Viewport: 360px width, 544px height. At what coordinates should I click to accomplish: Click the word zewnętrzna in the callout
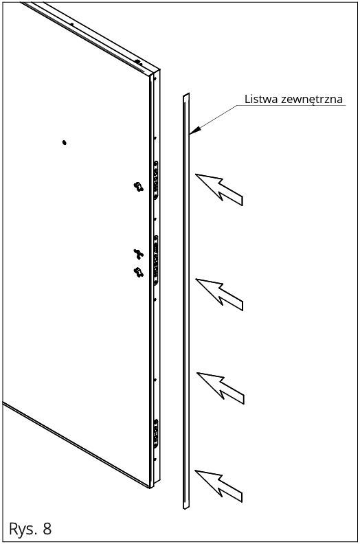[x=312, y=100]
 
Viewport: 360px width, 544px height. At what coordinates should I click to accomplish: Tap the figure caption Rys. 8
[x=30, y=529]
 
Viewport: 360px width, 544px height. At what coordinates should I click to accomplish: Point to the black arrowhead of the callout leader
[x=195, y=130]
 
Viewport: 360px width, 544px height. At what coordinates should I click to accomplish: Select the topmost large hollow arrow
[x=219, y=190]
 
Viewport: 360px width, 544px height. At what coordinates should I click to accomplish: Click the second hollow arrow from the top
[x=219, y=294]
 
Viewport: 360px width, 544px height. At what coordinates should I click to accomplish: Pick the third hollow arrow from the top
[x=221, y=388]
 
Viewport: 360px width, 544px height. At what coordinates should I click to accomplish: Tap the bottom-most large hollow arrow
[x=218, y=486]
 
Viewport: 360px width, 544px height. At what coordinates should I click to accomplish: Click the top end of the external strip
[x=186, y=95]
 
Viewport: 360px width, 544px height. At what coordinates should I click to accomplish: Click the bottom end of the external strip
[x=186, y=508]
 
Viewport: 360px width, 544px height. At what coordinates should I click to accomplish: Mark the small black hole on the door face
[x=64, y=142]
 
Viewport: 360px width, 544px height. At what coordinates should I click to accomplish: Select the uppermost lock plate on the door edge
[x=156, y=180]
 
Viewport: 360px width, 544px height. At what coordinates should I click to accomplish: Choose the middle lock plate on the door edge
[x=156, y=260]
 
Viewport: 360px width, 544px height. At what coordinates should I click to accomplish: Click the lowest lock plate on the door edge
[x=156, y=433]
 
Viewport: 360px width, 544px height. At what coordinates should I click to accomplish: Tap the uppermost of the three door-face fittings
[x=139, y=187]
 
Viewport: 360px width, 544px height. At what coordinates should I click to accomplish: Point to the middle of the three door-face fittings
[x=139, y=253]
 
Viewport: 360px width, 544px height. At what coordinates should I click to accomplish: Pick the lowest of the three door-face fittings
[x=139, y=272]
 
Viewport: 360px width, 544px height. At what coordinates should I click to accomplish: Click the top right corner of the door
[x=160, y=69]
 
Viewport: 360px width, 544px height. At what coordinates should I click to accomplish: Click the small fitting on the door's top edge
[x=137, y=62]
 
